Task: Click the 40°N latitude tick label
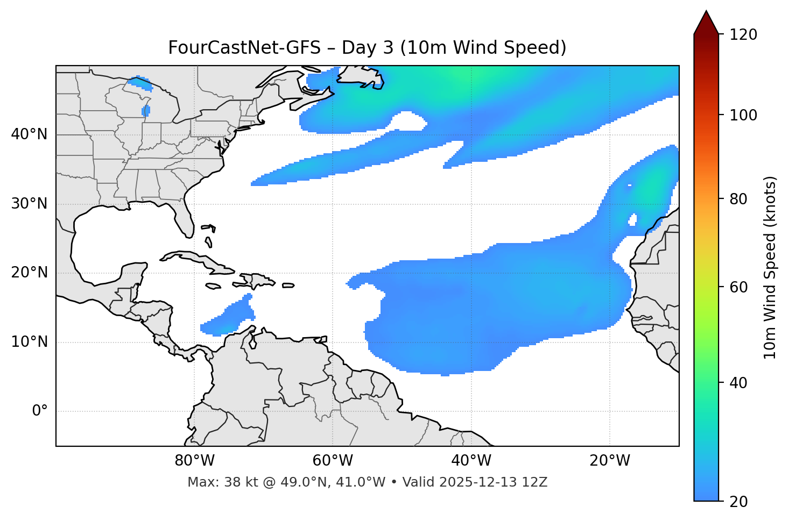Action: tap(29, 134)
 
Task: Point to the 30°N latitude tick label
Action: tap(29, 204)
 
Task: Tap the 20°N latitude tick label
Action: tap(29, 273)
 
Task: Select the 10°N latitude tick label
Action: tap(29, 342)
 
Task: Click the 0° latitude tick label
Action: tap(40, 411)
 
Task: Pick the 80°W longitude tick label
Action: tap(194, 461)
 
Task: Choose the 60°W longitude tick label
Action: tap(333, 461)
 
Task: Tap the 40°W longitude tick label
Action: tap(471, 461)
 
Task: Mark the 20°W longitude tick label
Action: tap(609, 461)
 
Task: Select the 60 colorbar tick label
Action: tap(738, 287)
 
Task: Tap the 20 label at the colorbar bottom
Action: tap(738, 502)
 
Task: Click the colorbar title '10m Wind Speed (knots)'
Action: tap(770, 268)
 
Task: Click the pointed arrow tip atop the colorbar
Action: tap(706, 12)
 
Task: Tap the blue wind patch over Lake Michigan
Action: tap(146, 111)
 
